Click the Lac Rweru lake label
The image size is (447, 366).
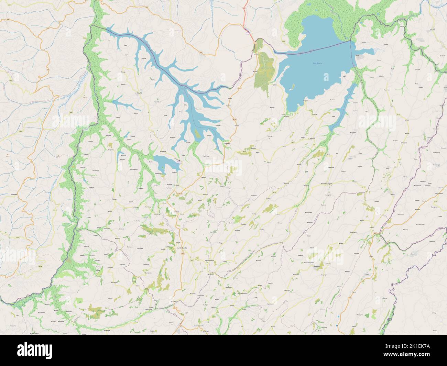(x=317, y=63)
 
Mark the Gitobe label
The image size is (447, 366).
(x=244, y=223)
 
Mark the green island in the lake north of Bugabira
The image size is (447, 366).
(x=197, y=133)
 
